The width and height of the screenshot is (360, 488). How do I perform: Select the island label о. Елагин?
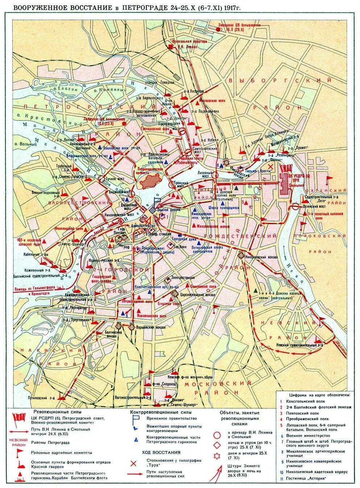click(58, 88)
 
